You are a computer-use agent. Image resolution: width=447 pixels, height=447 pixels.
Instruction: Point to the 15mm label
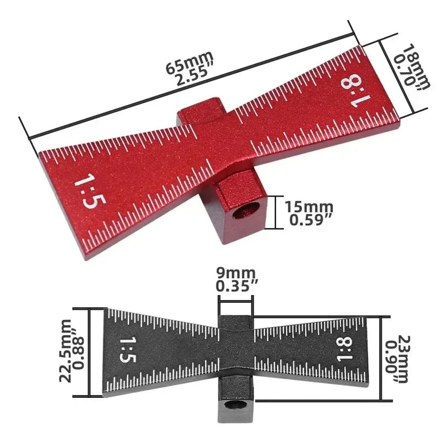(x=309, y=207)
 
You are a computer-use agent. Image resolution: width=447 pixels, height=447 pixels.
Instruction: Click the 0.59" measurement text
(x=311, y=220)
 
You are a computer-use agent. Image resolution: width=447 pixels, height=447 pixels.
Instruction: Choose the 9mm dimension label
(x=235, y=273)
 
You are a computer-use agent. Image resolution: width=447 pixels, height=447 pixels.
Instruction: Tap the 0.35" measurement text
(x=236, y=286)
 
